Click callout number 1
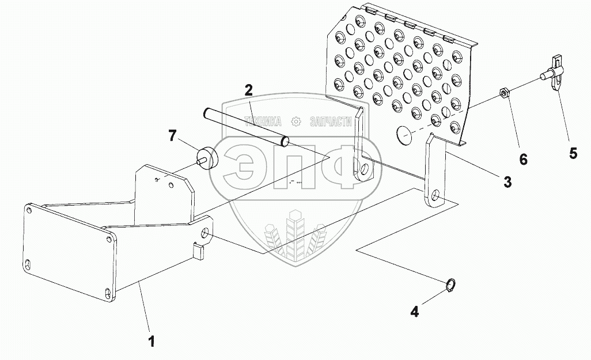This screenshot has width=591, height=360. (x=151, y=340)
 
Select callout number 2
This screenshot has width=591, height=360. (x=248, y=90)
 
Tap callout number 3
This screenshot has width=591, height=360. (x=507, y=182)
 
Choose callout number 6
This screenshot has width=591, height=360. (x=523, y=159)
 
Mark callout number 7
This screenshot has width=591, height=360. (x=172, y=136)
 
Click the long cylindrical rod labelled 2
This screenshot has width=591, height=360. (x=245, y=124)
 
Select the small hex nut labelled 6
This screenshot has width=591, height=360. (x=502, y=93)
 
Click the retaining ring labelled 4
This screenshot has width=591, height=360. (x=453, y=285)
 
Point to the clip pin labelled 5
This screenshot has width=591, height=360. (x=554, y=73)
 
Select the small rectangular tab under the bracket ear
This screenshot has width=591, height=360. (x=199, y=251)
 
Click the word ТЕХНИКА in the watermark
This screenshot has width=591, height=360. (x=263, y=121)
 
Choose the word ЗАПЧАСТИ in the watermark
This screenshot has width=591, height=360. (x=330, y=121)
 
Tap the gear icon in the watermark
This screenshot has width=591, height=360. (x=296, y=121)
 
